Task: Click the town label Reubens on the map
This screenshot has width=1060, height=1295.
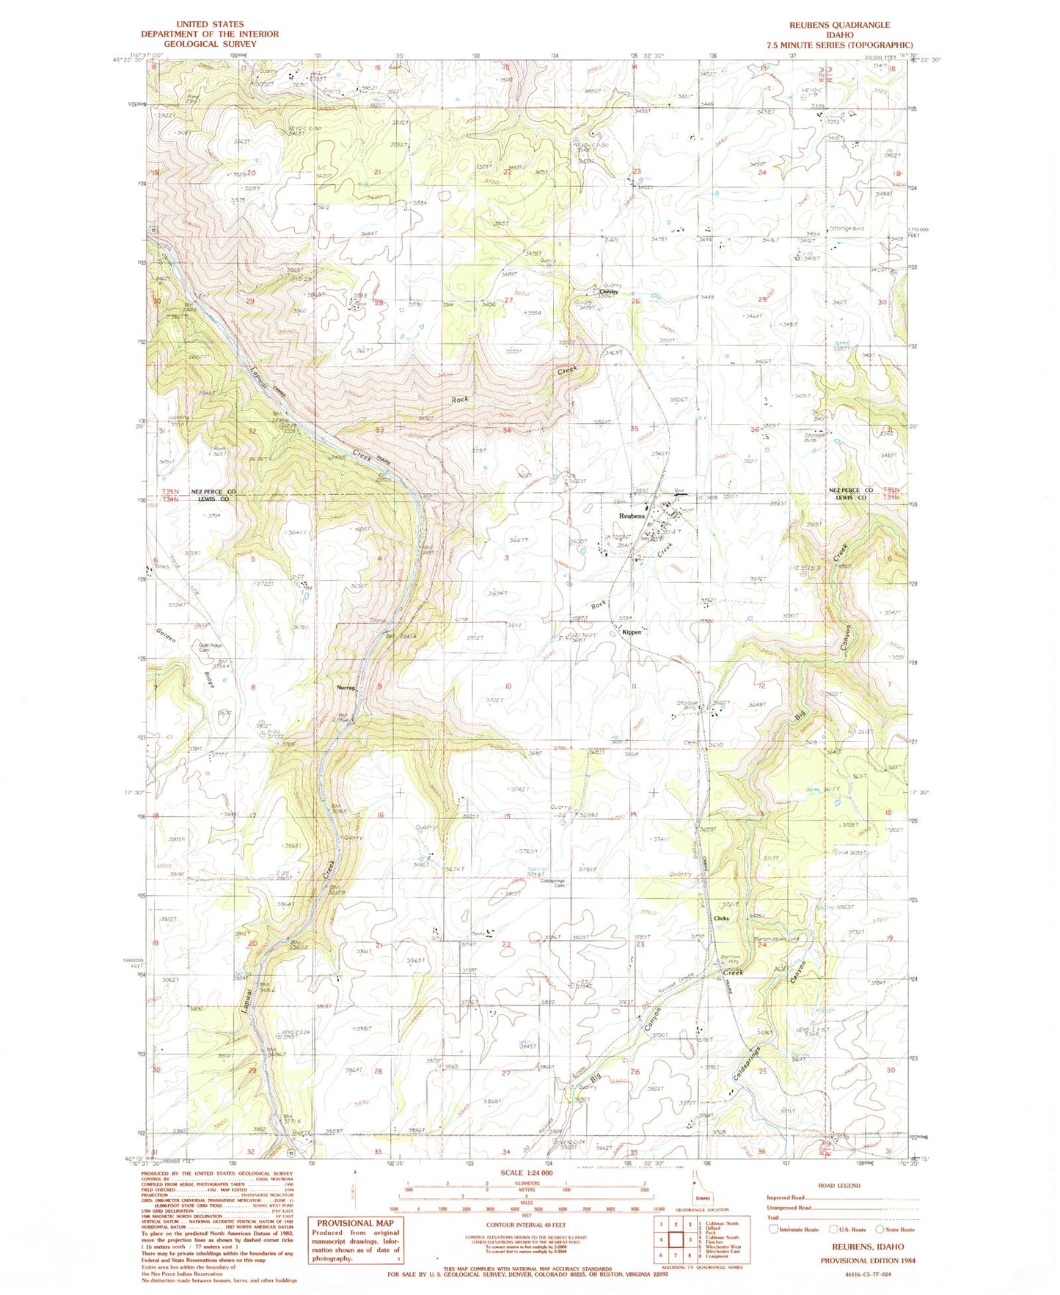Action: tap(632, 516)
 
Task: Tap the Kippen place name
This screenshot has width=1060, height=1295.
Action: tap(632, 632)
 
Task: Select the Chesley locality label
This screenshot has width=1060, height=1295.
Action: tap(608, 291)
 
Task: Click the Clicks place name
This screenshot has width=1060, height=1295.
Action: tap(721, 918)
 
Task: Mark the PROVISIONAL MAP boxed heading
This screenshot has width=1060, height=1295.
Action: tap(355, 1223)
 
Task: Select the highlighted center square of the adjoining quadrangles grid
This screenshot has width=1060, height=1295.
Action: tap(676, 1240)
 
